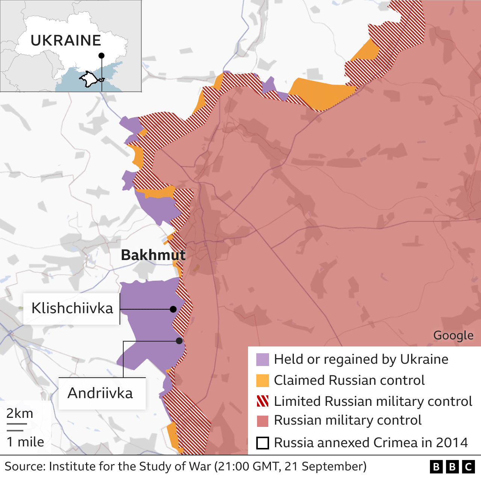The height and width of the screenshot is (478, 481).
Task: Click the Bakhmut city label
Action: pyautogui.click(x=153, y=255)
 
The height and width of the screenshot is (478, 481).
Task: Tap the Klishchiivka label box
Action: pyautogui.click(x=72, y=309)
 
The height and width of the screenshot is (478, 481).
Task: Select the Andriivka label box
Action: pyautogui.click(x=100, y=393)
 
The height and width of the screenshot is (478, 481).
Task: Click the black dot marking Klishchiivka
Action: pyautogui.click(x=173, y=309)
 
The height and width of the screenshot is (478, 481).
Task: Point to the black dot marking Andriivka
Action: pyautogui.click(x=179, y=341)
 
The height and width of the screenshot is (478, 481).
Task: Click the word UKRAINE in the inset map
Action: pyautogui.click(x=66, y=41)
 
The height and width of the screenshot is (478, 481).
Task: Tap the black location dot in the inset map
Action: pyautogui.click(x=101, y=56)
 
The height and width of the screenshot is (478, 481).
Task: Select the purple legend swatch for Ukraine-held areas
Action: pyautogui.click(x=263, y=360)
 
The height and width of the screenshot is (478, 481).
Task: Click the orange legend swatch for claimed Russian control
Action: pyautogui.click(x=263, y=381)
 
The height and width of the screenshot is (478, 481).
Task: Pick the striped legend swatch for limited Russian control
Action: pyautogui.click(x=263, y=401)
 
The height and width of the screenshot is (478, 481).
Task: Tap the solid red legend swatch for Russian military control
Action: pyautogui.click(x=263, y=421)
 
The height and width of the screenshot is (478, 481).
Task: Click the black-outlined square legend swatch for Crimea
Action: pyautogui.click(x=263, y=443)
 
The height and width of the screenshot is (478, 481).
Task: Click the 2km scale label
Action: pyautogui.click(x=20, y=413)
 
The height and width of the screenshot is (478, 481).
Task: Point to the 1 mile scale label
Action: pyautogui.click(x=25, y=442)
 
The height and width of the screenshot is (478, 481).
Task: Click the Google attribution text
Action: pyautogui.click(x=453, y=335)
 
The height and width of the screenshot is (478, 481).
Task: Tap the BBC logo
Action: pyautogui.click(x=452, y=467)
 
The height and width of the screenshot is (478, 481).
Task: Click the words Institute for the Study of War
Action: pyautogui.click(x=130, y=466)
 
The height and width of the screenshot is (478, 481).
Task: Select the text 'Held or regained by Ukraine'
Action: pyautogui.click(x=361, y=359)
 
